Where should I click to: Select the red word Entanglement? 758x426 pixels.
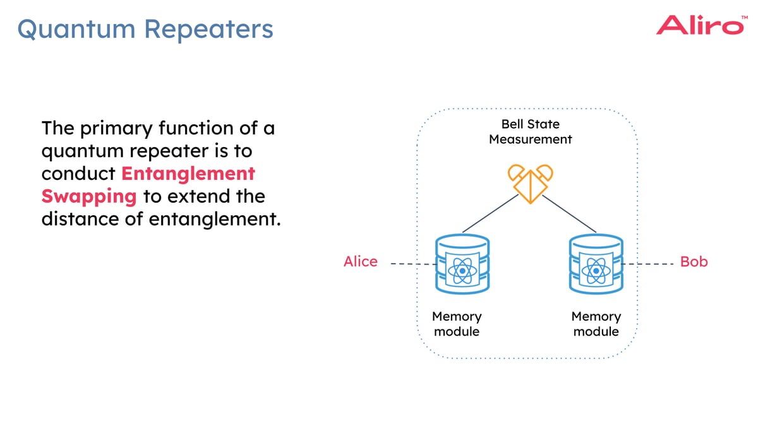(188, 174)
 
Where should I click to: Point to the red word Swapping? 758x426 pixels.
(89, 196)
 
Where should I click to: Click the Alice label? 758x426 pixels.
(360, 261)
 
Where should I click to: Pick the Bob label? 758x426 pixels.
(694, 261)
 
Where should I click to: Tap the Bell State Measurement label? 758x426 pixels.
(530, 132)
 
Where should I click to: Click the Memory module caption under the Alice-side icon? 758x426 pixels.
(457, 324)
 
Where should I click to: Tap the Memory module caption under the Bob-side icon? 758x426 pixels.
(596, 324)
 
